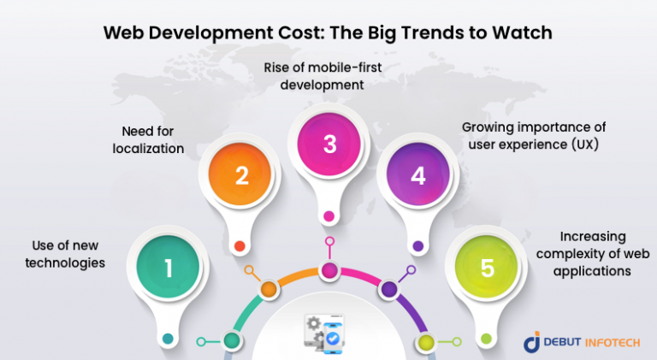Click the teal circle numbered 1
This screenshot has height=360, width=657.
(x=169, y=269)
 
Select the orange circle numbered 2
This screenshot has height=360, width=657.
(x=240, y=176)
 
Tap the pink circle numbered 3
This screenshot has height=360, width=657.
(x=329, y=145)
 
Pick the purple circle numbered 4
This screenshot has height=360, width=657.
(x=417, y=176)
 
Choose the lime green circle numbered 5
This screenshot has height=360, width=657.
(x=487, y=269)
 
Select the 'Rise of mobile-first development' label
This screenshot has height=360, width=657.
(x=329, y=77)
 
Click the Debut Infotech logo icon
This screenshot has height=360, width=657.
(x=531, y=342)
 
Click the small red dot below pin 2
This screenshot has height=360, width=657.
(x=240, y=246)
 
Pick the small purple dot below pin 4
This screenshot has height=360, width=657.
(x=417, y=246)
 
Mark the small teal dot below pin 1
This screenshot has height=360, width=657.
(x=169, y=339)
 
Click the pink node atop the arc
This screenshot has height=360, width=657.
(x=329, y=271)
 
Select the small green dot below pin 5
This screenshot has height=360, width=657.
(x=487, y=339)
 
